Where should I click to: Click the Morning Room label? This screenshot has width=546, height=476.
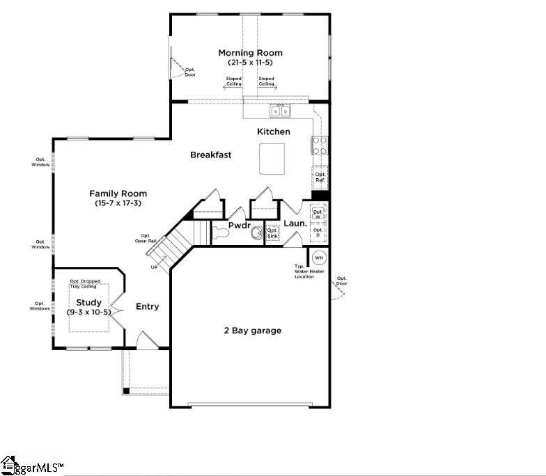(x=250, y=53)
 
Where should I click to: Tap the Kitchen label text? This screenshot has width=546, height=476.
(x=274, y=132)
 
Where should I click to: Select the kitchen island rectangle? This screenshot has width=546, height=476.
(x=272, y=159)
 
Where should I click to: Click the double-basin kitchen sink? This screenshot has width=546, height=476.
(x=281, y=111)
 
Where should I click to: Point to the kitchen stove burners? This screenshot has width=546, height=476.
(x=320, y=145)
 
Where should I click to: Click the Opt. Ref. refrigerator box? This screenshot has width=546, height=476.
(x=320, y=177)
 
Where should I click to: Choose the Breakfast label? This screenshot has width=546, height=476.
(x=210, y=154)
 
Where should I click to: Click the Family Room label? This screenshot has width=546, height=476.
(x=118, y=193)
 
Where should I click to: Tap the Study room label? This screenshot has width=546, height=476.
(x=88, y=303)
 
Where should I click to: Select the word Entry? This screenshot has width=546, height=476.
(x=147, y=306)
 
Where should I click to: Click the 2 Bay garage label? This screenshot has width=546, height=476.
(x=252, y=331)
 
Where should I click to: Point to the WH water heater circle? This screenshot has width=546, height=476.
(x=319, y=257)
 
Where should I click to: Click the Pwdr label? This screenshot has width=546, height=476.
(x=239, y=225)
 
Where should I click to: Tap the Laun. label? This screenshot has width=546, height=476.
(x=293, y=224)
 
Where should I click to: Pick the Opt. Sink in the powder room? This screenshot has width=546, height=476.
(x=272, y=233)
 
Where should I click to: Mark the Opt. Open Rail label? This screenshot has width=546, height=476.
(x=145, y=239)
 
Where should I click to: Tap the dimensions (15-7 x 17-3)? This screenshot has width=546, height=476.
(x=118, y=203)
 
